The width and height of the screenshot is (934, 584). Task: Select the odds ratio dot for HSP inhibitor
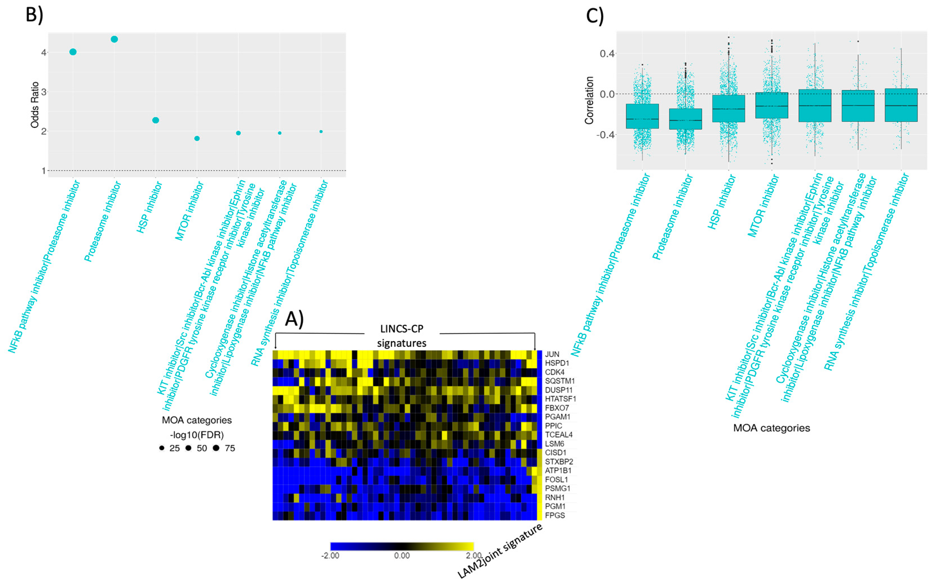[x=156, y=120]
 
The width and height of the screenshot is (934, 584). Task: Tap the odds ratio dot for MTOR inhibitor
[x=197, y=138]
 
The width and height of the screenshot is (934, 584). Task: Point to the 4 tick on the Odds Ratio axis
[x=44, y=52]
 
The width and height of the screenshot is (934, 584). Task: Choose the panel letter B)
[x=34, y=14]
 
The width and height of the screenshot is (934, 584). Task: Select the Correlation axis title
[x=589, y=100]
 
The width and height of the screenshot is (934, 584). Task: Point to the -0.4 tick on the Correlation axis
[x=605, y=135]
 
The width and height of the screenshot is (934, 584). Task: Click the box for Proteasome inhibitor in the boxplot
[x=686, y=119]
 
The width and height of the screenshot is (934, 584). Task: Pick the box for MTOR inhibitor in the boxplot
[x=772, y=105]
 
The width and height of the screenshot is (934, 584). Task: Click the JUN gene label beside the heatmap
[x=552, y=354]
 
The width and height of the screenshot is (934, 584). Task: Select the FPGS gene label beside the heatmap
[x=555, y=515]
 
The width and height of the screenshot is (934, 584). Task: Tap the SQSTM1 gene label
[x=560, y=381]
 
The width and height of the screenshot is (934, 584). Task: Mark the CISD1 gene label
[x=556, y=453]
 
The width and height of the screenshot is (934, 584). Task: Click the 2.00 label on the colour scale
[x=474, y=556]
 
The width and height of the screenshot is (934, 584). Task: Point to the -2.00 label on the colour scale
[x=330, y=556]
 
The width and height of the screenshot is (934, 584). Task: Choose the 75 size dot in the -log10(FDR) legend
[x=216, y=448]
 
